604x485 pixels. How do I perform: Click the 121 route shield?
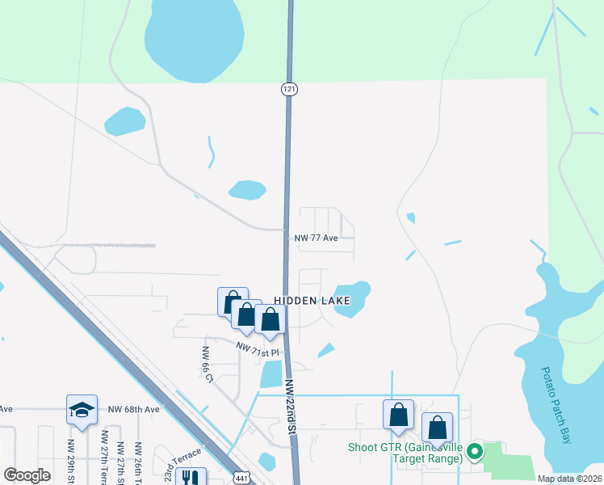coord(287,89)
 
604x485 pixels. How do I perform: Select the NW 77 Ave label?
coord(316,238)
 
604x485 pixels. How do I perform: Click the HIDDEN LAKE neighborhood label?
coord(312,300)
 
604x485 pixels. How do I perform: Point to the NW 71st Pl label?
coord(257,349)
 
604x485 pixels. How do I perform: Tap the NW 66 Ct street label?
coord(208,365)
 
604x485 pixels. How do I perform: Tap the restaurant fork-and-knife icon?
coord(191,479)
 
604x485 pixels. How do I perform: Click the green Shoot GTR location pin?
coord(476,451)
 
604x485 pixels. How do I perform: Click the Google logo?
coord(27,475)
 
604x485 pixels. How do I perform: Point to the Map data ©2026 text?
coord(568,479)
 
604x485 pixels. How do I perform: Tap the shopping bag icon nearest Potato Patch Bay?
coord(437,428)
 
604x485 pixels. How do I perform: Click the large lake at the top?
coord(194,40)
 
